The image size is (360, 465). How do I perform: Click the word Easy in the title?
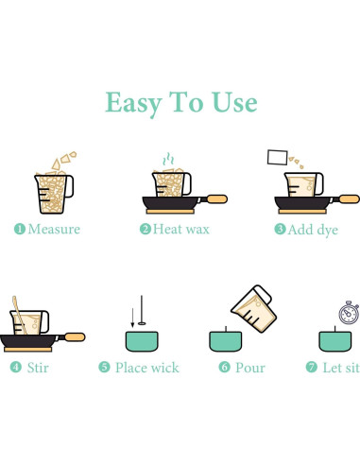(133, 103)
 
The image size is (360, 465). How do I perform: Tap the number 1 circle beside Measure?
(20, 229)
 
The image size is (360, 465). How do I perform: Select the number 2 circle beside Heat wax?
(146, 229)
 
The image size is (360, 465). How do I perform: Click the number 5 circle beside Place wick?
(104, 367)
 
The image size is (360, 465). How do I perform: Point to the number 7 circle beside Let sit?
(312, 367)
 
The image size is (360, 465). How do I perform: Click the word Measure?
(54, 229)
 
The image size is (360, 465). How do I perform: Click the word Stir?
(38, 368)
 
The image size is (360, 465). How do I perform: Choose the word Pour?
(250, 368)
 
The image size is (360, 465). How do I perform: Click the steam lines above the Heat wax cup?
(168, 160)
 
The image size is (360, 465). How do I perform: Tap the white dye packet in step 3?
(278, 157)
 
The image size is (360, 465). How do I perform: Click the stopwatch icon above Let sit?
(349, 313)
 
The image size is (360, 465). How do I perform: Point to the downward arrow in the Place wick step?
(132, 318)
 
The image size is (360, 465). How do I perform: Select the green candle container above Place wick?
(142, 341)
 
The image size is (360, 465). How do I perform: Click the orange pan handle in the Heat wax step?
(216, 199)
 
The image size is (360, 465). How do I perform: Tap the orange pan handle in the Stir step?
(75, 337)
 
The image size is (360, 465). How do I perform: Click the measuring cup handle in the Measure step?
(69, 186)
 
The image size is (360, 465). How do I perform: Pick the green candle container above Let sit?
(335, 341)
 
